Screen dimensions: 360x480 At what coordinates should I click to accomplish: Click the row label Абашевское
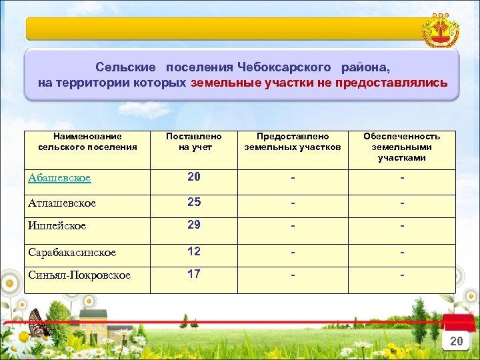point(60,178)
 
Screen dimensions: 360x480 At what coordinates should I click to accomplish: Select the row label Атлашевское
point(63,203)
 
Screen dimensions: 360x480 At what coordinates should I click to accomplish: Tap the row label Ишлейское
point(57,226)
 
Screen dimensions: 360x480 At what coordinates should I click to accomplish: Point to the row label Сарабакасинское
point(72,253)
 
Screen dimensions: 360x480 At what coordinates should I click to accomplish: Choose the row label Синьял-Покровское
point(79,275)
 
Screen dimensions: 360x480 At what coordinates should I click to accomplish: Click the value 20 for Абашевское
point(194,177)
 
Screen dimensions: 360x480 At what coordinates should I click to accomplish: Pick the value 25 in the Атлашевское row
point(194,202)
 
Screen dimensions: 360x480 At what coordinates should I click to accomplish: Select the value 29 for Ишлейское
point(194,225)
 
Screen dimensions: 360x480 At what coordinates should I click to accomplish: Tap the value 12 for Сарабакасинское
point(194,251)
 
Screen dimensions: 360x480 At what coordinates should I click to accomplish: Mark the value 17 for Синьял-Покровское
point(194,273)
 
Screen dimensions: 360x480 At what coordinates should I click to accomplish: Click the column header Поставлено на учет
point(194,141)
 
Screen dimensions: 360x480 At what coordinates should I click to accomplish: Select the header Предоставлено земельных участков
point(293,141)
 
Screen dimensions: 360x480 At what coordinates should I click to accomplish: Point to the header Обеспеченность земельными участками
point(401,147)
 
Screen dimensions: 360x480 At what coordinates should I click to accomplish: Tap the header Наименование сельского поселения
point(88,141)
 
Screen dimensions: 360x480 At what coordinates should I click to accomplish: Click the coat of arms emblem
point(441,31)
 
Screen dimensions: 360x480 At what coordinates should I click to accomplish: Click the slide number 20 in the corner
point(456,341)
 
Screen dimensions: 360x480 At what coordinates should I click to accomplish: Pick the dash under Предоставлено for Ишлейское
point(293,226)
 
